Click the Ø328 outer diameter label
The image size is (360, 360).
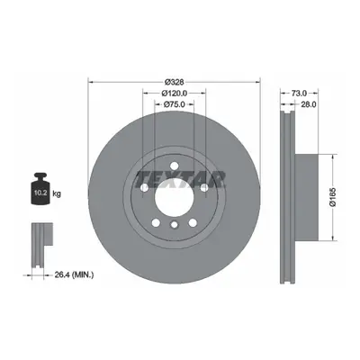tap(174, 82)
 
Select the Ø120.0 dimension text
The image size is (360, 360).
tap(175, 94)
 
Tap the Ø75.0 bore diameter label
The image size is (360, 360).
tap(174, 104)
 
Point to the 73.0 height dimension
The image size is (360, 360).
tap(299, 93)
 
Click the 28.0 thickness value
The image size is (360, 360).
tap(309, 104)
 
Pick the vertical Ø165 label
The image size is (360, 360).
tap(333, 197)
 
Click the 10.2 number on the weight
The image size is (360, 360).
tap(40, 193)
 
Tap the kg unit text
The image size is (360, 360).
tap(57, 193)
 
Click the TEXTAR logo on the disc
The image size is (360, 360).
tap(180, 180)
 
